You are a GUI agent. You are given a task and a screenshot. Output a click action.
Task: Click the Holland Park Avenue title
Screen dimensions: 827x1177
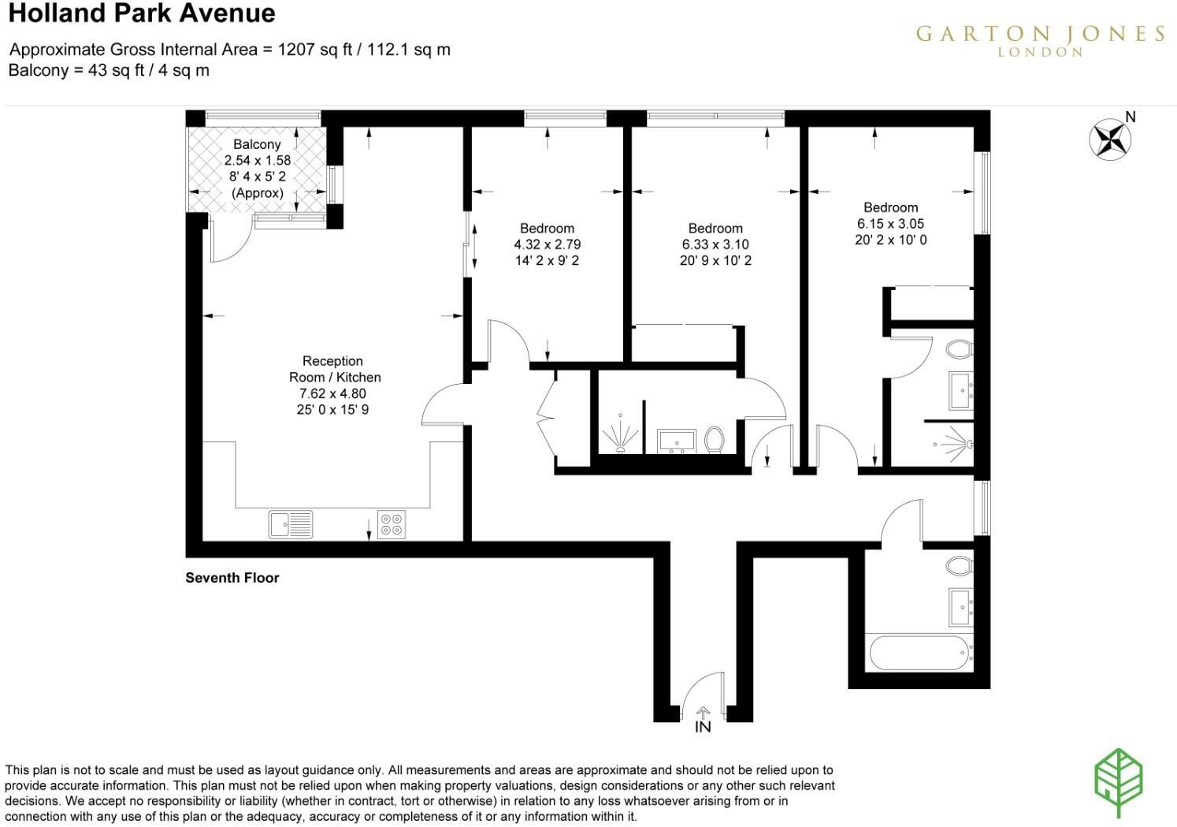[x=142, y=13]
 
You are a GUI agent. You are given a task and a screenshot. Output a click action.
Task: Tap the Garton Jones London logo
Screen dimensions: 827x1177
[x=1040, y=39]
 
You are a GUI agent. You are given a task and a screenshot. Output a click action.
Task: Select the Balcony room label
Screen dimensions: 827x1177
[x=257, y=144]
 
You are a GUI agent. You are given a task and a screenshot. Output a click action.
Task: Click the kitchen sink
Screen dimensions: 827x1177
[x=291, y=524]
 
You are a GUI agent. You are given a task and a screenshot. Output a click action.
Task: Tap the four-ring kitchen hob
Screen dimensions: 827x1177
[x=392, y=525]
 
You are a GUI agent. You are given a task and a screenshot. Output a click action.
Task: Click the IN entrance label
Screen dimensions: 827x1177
[x=703, y=727]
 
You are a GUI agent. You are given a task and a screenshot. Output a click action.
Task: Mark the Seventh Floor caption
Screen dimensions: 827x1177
[x=232, y=578]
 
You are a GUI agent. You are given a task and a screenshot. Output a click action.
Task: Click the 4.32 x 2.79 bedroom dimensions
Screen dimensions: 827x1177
[x=547, y=244]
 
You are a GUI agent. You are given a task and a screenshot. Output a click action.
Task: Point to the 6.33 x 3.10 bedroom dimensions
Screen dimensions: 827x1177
[x=715, y=244]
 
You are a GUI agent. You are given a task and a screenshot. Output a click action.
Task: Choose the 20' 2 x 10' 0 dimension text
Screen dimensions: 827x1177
[x=890, y=240]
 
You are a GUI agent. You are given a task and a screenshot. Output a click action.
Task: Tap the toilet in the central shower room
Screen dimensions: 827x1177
[x=715, y=440]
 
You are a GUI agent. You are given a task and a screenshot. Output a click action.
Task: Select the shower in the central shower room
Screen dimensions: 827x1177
[x=619, y=434]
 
